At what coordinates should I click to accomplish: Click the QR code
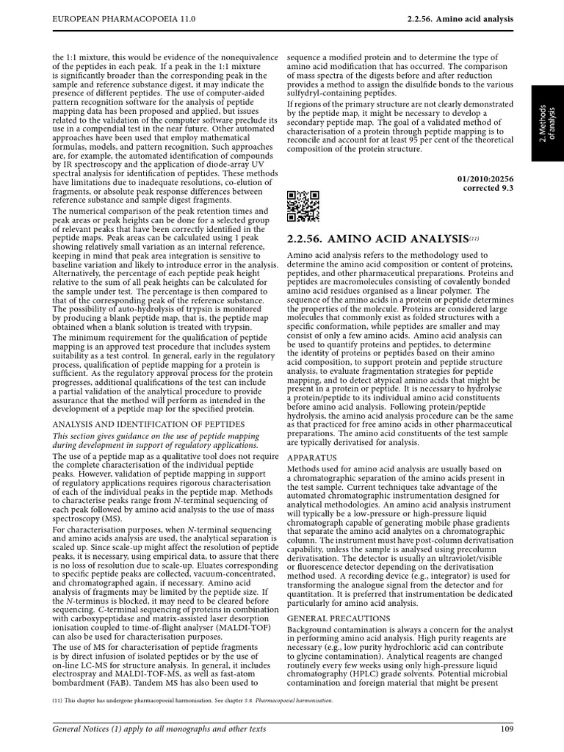303,206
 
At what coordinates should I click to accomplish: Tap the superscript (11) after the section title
474,236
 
